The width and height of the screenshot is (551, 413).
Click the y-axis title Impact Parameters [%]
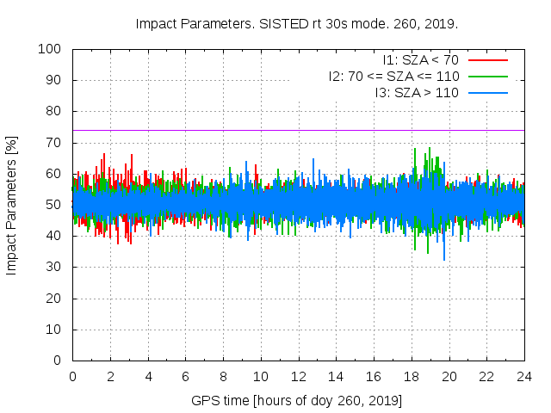12,205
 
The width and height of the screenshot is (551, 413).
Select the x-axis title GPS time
297,400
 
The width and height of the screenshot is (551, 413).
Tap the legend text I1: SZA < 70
421,59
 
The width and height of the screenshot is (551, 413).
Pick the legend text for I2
393,76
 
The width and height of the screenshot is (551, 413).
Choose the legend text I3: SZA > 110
418,92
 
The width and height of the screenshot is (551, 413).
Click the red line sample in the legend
487,59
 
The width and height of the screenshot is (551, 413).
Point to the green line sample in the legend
487,76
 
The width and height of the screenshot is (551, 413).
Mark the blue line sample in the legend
487,92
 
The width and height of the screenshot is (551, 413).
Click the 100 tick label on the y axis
50,49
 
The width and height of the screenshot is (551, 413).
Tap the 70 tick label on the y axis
53,143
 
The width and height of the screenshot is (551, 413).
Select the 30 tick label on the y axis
53,267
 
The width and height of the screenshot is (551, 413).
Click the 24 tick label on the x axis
524,376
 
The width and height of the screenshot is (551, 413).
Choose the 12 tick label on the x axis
298,376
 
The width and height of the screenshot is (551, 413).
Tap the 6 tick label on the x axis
185,376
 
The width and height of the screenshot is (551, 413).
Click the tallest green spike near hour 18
415,150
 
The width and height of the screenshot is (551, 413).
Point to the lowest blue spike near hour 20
444,258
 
